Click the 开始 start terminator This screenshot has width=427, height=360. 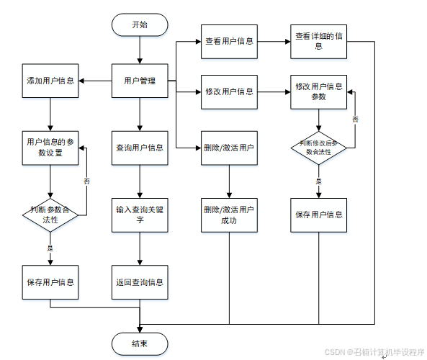tap(140, 24)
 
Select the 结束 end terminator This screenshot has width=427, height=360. tap(140, 343)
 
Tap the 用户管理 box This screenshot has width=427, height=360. tap(140, 81)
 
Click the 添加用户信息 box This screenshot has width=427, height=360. tap(50, 81)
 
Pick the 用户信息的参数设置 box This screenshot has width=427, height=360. tap(50, 148)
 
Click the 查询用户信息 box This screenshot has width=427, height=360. tap(140, 148)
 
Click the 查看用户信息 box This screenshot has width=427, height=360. tap(229, 41)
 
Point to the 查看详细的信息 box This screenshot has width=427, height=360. tap(319, 41)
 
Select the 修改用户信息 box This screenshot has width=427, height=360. tap(229, 91)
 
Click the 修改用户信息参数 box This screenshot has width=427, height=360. tap(319, 91)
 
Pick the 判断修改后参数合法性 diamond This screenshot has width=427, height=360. tap(319, 148)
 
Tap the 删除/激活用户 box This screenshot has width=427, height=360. tap(229, 148)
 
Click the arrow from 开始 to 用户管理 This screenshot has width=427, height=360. tap(140, 50)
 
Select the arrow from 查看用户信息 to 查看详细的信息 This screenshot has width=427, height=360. tap(274, 41)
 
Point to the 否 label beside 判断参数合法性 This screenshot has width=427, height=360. tap(87, 181)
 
